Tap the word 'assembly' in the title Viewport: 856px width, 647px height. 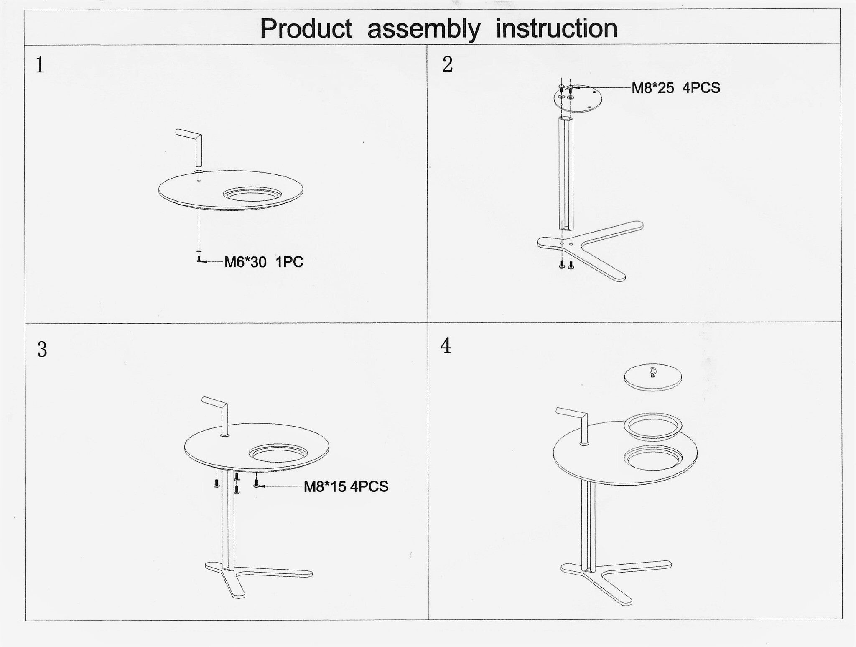(424, 29)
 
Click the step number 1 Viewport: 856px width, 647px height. (40, 65)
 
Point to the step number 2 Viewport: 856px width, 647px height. (447, 64)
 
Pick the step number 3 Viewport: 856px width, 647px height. (42, 349)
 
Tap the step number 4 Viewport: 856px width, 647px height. (446, 345)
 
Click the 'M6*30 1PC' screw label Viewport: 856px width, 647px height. (264, 262)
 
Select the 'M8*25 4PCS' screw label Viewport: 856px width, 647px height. (676, 88)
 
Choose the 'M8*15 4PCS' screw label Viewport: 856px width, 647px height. (346, 486)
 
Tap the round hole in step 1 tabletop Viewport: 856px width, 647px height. (252, 194)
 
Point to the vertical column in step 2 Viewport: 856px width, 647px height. (566, 174)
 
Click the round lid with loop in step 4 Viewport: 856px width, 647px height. (653, 377)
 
